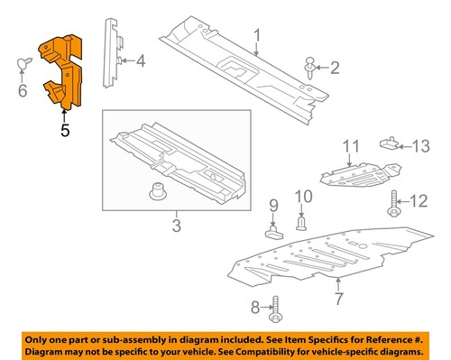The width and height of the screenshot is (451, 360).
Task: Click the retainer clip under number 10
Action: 303,222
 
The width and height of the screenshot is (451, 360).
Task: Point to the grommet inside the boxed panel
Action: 156,193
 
